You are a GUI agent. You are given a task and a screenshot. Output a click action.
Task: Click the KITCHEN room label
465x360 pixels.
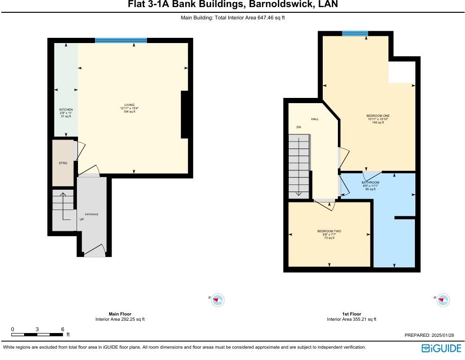(x=66, y=109)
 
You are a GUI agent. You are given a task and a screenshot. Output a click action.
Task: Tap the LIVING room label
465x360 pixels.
(x=129, y=105)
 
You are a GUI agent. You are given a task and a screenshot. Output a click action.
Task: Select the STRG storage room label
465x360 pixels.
(x=63, y=163)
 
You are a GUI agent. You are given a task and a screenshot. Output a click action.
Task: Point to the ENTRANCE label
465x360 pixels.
(x=91, y=214)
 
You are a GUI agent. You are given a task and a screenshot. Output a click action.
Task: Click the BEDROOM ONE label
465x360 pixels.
(x=378, y=115)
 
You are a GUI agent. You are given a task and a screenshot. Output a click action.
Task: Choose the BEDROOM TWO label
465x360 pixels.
(x=329, y=231)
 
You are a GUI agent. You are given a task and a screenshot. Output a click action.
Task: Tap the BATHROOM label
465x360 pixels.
(x=370, y=182)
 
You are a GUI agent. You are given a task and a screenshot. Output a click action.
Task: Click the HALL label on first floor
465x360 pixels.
(x=314, y=119)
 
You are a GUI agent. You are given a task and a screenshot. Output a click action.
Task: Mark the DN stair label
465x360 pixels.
(x=299, y=127)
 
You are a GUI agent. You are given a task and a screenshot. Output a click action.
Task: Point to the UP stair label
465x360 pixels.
(x=82, y=220)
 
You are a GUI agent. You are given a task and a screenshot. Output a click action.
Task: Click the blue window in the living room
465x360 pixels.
(x=121, y=41)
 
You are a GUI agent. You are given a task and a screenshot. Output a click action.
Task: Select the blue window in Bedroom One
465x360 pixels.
(x=355, y=33)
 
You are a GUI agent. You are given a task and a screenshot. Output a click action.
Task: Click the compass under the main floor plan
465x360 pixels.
(x=217, y=299)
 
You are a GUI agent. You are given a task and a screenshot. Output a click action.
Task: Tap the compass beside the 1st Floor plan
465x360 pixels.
(x=442, y=299)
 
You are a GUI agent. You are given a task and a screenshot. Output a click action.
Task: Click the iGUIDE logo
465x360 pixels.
(x=441, y=348)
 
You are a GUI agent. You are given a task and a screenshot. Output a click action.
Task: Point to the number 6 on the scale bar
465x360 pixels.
(x=62, y=329)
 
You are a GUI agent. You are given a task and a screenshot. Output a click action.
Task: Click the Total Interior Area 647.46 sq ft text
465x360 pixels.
(x=232, y=18)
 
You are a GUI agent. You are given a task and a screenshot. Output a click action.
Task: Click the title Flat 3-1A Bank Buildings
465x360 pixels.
(x=232, y=5)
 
